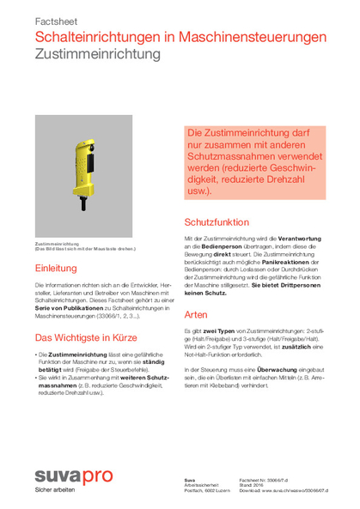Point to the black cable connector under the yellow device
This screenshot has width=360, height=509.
coord(83,206)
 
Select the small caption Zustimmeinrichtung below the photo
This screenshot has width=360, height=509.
coord(56,244)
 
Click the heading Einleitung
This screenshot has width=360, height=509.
coord(56,269)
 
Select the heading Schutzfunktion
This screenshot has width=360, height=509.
coord(217,221)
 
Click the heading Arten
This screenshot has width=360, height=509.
coord(196,313)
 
